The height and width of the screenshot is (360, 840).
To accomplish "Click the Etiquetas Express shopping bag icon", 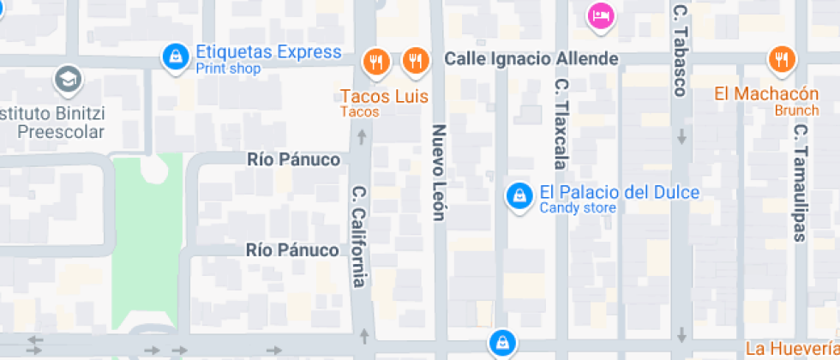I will (x=176, y=57).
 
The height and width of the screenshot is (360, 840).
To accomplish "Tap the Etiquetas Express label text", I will (x=268, y=52).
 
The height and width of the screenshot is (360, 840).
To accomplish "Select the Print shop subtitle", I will (x=228, y=69).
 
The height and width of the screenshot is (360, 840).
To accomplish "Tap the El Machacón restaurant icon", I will (x=782, y=59).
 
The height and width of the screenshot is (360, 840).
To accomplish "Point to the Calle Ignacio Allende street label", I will (x=531, y=59).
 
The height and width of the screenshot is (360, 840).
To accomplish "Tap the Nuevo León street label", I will (x=439, y=172).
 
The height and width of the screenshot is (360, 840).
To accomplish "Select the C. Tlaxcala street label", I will (x=561, y=123).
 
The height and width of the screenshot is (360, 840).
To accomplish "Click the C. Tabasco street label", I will (x=681, y=51).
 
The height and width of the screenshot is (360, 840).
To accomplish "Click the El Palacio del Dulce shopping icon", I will (x=518, y=196).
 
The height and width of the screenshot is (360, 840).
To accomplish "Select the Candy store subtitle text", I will (x=577, y=207).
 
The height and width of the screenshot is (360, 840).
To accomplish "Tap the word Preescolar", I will (x=61, y=132).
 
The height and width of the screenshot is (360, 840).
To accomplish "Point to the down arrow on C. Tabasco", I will (x=681, y=136).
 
